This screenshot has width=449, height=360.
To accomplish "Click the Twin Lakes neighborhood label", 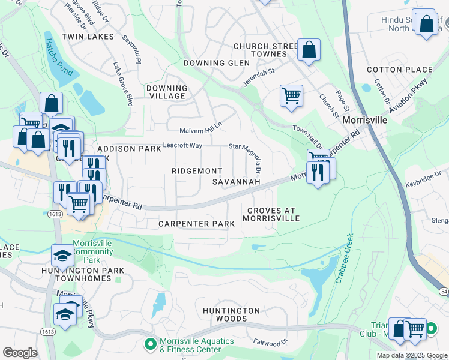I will click(92, 37).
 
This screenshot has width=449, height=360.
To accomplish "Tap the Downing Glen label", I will click(208, 63).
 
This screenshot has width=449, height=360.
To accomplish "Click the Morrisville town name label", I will click(364, 120).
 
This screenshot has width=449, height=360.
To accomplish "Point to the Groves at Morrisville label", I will click(271, 214).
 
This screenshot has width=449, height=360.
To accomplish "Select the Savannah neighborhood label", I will click(237, 181).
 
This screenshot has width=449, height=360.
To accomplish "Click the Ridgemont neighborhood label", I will click(197, 171).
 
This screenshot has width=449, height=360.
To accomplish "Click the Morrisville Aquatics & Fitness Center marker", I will click(150, 344).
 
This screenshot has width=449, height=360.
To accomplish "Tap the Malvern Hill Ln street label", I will click(200, 131).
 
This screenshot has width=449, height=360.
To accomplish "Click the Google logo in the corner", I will click(20, 353).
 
